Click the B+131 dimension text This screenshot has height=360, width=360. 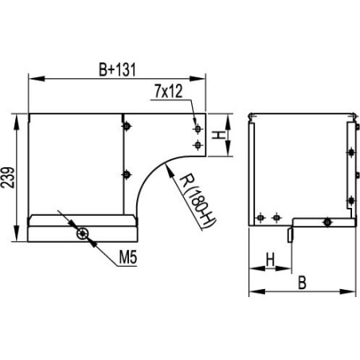119,69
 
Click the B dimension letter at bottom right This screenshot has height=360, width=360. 302,282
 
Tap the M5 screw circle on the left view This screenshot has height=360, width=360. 82,234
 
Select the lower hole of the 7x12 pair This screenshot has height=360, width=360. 197,144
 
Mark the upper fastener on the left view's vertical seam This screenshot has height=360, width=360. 125,126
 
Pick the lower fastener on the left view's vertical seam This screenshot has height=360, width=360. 125,174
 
